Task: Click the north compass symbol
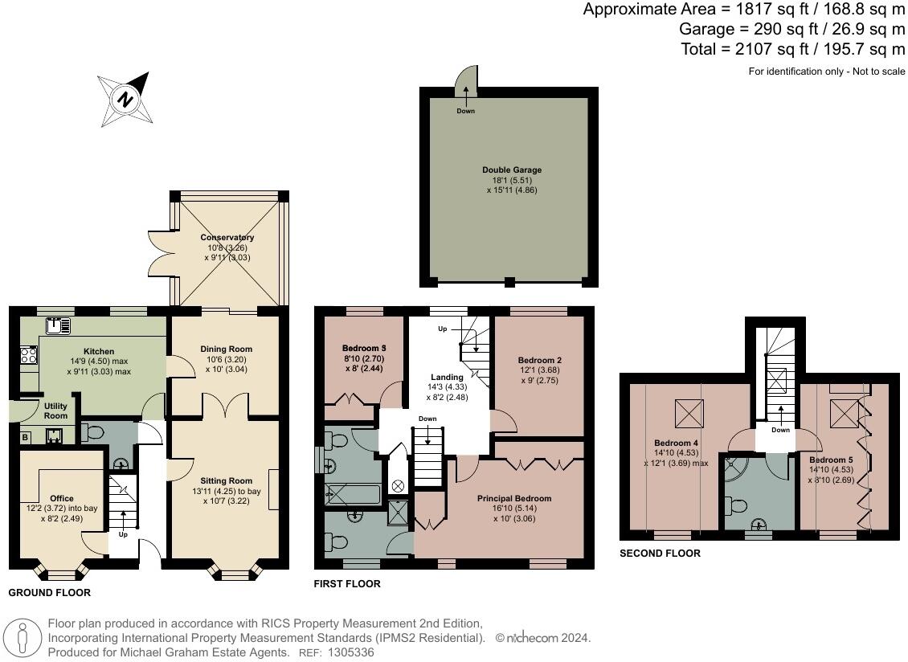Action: point(125,99)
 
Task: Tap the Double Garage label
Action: point(511,170)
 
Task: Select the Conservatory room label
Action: point(227,238)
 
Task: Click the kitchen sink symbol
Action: point(59,325)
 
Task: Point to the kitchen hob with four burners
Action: point(28,354)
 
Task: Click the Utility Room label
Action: point(55,411)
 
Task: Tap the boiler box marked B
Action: point(25,438)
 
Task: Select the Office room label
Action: point(62,499)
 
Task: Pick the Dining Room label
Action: point(226,349)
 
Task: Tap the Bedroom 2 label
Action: point(539,360)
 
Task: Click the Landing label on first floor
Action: point(447,377)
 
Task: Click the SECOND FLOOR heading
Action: point(660,554)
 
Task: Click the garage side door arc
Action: point(467,80)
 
